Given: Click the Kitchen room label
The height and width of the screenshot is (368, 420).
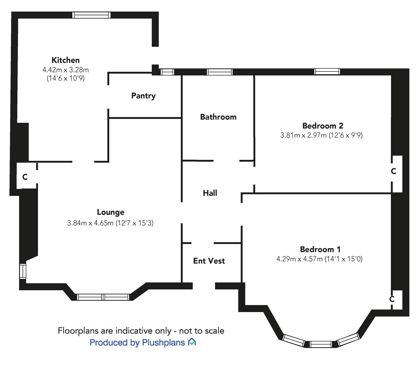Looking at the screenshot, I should click(65, 60).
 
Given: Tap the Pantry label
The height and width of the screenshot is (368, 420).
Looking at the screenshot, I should click(143, 96).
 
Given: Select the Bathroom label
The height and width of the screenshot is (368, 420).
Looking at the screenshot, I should click(218, 117).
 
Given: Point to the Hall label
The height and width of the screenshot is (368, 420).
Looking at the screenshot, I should click(210, 193).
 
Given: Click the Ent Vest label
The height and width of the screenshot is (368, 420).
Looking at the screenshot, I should click(209, 261).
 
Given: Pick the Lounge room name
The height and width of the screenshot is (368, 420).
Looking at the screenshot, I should click(110, 212).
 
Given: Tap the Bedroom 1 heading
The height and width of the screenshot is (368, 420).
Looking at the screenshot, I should click(320, 249).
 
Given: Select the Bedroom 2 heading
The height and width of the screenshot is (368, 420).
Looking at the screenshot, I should click(323, 125).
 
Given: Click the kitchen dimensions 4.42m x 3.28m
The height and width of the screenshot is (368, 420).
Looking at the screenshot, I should click(65, 70).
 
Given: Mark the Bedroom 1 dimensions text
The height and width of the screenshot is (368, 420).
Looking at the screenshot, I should click(319, 259).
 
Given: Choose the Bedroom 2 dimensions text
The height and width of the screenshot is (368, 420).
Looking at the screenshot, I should click(321, 135).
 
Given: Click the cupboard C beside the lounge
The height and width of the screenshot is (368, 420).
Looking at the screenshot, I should click(25, 177).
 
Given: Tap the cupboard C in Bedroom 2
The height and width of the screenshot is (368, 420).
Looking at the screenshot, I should click(393, 171).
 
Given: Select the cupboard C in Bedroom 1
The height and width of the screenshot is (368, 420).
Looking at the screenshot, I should click(392, 299).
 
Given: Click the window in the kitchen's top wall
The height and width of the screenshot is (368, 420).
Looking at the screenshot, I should click(91, 15).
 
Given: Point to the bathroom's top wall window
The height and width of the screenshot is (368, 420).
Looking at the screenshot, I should click(220, 72).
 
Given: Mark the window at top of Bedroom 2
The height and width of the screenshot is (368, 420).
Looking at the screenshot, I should click(327, 72).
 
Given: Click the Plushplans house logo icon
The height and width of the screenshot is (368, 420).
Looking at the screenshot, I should click(192, 342).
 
